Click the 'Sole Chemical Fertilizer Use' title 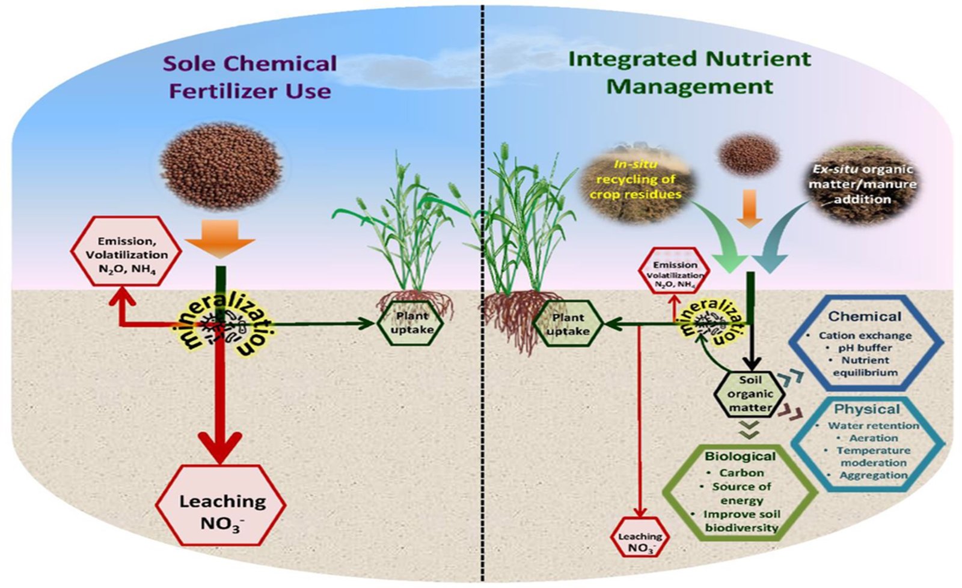pyautogui.click(x=250, y=77)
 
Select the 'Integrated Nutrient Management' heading pyautogui.click(x=689, y=73)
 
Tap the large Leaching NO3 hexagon pyautogui.click(x=221, y=505)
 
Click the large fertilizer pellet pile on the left pyautogui.click(x=221, y=166)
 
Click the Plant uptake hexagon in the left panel pyautogui.click(x=412, y=323)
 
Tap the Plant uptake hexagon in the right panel pyautogui.click(x=568, y=324)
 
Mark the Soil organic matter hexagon pyautogui.click(x=749, y=394)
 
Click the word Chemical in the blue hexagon pyautogui.click(x=865, y=317)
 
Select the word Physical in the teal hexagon pyautogui.click(x=866, y=410)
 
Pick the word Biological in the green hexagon pyautogui.click(x=740, y=456)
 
